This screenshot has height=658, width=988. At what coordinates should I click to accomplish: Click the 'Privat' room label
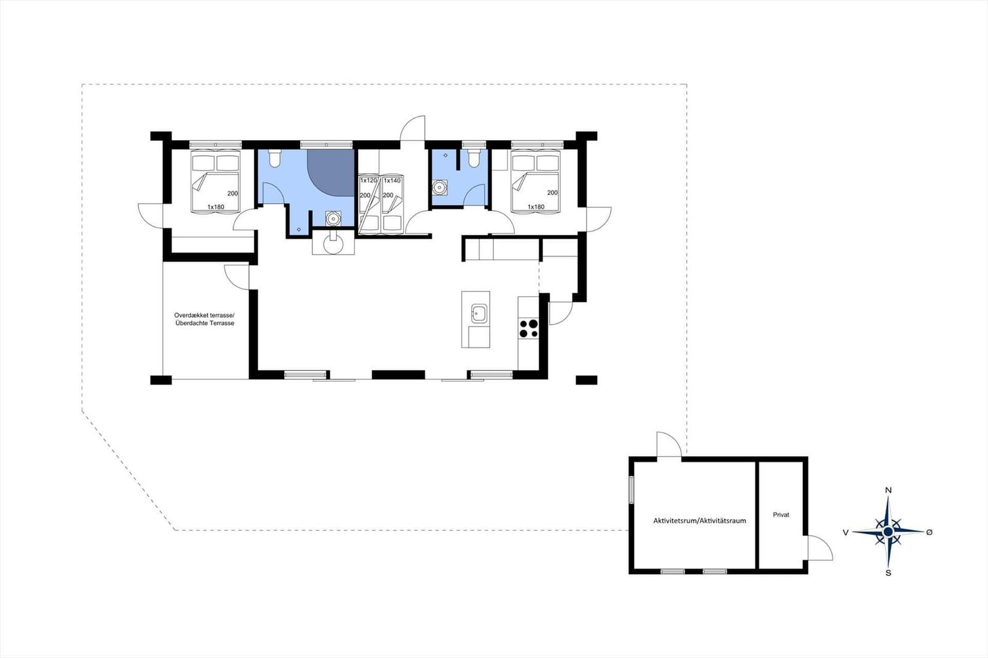point(781,515)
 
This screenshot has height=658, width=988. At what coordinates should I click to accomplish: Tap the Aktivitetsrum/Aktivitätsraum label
point(700,520)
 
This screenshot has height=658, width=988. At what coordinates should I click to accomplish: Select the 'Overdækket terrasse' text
point(204,315)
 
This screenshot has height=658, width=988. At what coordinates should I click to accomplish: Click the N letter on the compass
point(889,490)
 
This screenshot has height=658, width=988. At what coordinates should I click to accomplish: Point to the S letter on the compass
point(889,573)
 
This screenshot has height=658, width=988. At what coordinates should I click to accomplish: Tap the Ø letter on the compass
point(929,532)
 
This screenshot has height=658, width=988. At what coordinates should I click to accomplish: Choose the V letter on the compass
point(845,533)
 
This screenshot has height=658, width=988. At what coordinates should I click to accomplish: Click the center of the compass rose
point(888,532)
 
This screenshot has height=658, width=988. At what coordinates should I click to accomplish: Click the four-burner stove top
point(529,328)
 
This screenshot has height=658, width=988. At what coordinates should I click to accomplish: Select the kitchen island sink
point(479,314)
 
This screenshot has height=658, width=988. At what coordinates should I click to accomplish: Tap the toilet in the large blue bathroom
point(274,158)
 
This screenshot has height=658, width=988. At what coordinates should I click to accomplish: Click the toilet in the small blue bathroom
point(474,158)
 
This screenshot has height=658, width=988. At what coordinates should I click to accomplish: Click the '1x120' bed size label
point(369,180)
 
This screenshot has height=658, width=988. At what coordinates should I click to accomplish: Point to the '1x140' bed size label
point(392,180)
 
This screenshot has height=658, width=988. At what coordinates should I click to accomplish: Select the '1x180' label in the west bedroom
point(216,207)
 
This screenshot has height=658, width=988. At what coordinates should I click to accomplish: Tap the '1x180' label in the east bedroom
point(536,207)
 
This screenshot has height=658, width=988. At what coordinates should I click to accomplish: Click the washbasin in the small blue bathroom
point(439,188)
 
